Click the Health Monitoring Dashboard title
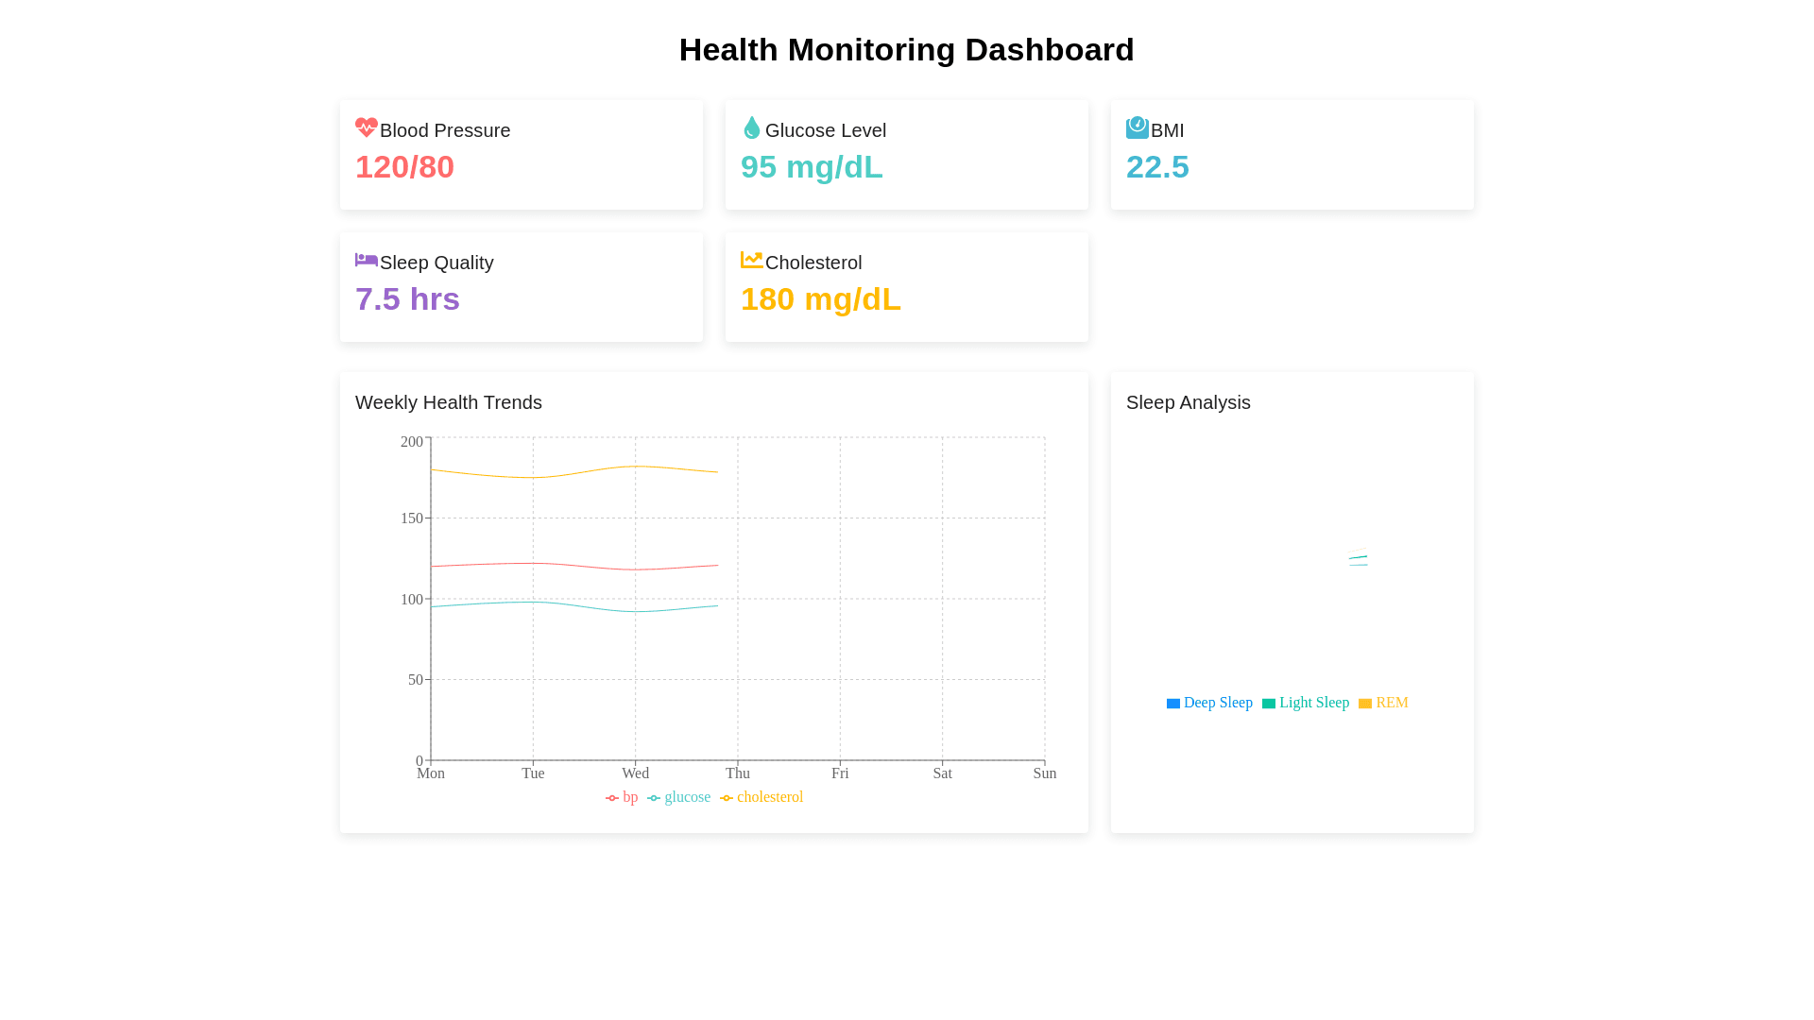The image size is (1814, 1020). (x=906, y=50)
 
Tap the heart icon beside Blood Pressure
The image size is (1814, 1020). (x=367, y=127)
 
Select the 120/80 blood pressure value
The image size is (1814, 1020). (x=404, y=167)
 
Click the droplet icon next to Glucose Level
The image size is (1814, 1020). (x=752, y=127)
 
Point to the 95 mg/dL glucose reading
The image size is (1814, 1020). (x=812, y=167)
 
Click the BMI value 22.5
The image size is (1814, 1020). (x=1157, y=167)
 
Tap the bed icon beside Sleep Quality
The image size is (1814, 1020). (x=367, y=260)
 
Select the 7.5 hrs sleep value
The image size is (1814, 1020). (x=407, y=299)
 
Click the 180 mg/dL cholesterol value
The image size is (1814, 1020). (x=820, y=299)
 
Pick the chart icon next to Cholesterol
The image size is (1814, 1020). (x=752, y=260)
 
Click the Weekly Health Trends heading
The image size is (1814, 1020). (x=449, y=402)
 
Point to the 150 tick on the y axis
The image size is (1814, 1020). (x=412, y=518)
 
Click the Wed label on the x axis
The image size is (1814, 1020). (x=635, y=773)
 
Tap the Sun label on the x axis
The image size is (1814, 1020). (x=1044, y=773)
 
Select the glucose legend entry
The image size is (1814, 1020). (x=679, y=797)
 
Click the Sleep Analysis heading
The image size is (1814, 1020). (x=1188, y=402)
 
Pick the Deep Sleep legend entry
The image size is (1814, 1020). (x=1209, y=703)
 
